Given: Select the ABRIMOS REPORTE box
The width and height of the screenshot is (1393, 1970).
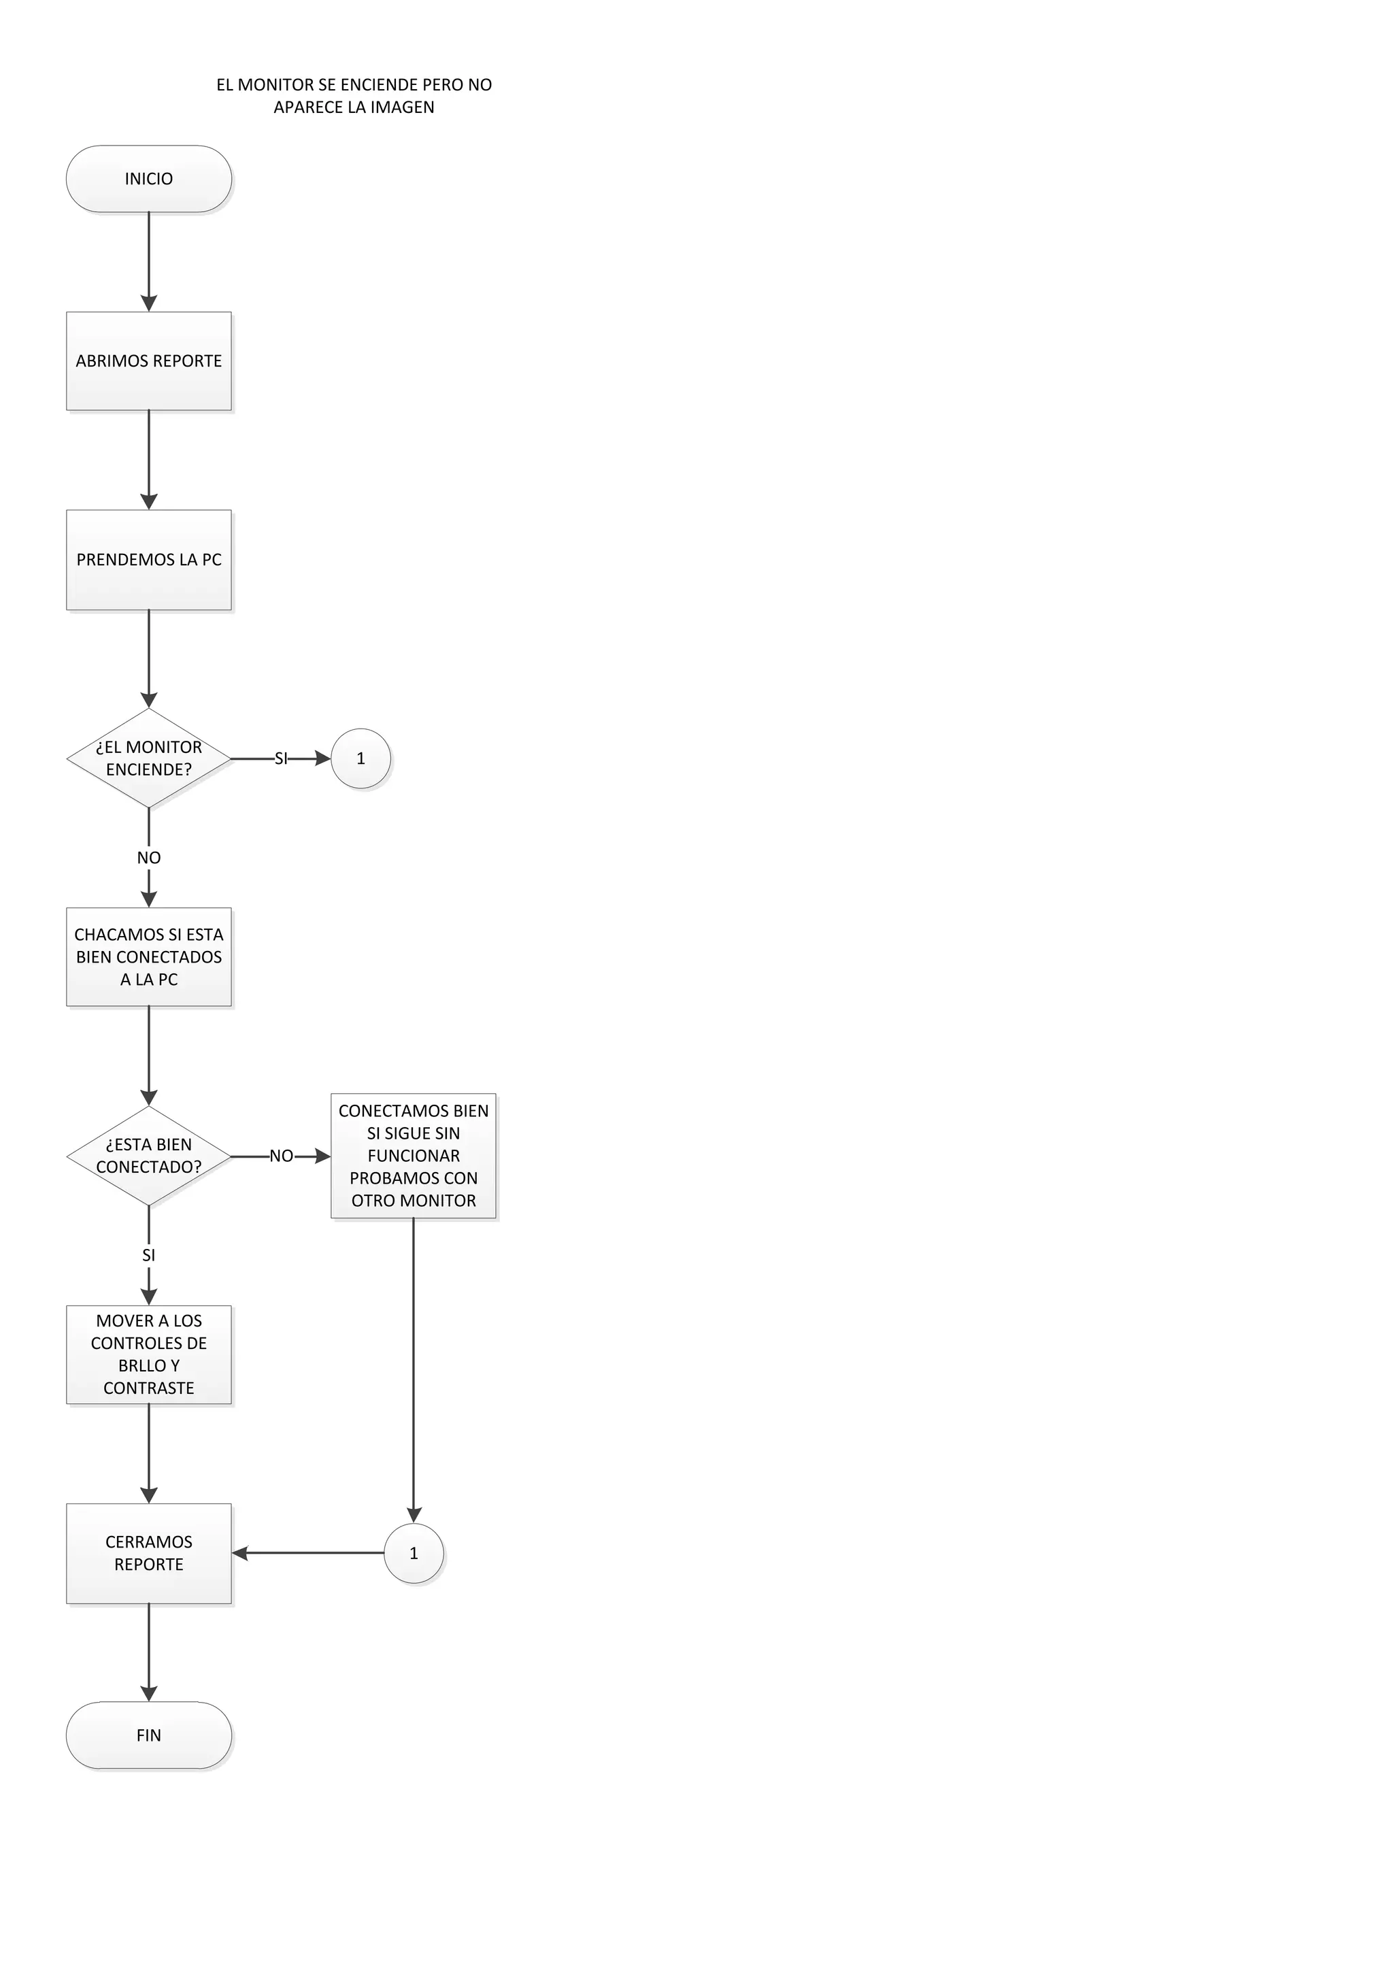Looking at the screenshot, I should pyautogui.click(x=148, y=361).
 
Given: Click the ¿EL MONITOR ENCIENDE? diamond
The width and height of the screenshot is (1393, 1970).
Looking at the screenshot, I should pyautogui.click(x=148, y=758).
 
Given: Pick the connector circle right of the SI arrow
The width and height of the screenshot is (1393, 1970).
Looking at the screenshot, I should pyautogui.click(x=360, y=758).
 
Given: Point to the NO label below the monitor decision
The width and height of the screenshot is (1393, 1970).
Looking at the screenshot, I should pyautogui.click(x=148, y=857).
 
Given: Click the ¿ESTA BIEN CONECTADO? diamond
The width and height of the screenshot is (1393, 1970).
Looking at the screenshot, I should pyautogui.click(x=148, y=1156).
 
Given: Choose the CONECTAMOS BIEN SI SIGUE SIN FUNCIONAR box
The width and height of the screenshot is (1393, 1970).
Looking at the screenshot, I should pyautogui.click(x=414, y=1156).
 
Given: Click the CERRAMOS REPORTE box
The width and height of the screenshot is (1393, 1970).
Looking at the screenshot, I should pyautogui.click(x=148, y=1553).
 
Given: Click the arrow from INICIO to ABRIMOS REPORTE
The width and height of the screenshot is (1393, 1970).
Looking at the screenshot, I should pyautogui.click(x=148, y=262).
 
